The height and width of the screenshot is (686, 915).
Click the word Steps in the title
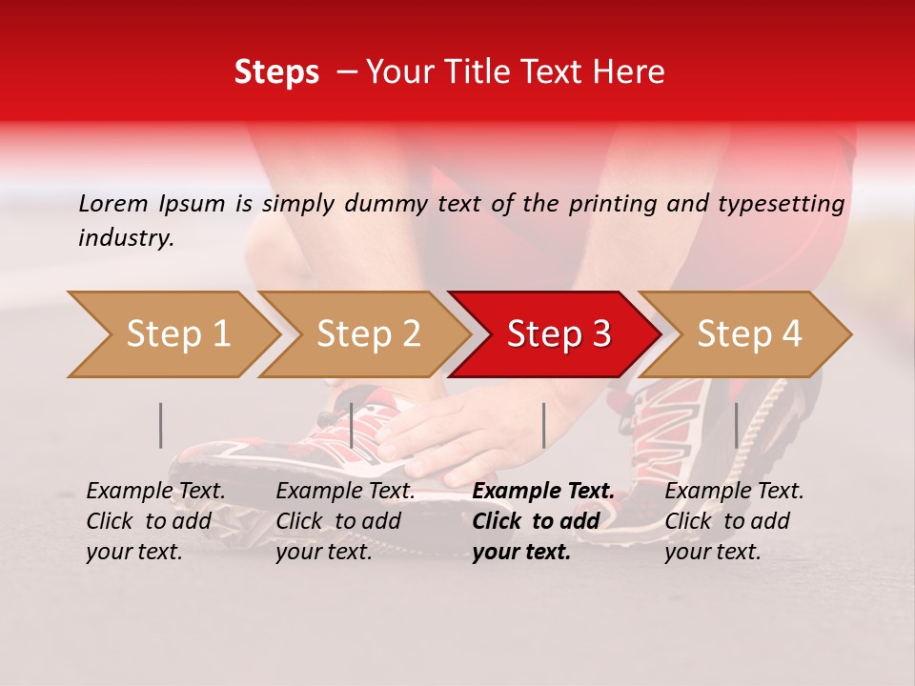point(276,72)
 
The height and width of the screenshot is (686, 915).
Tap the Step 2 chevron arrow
point(367,334)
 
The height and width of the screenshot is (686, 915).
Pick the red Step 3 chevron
point(558,334)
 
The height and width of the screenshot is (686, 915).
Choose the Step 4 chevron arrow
point(748,334)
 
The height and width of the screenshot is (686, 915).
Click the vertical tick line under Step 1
point(161,425)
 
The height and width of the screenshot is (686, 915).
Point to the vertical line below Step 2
point(352,425)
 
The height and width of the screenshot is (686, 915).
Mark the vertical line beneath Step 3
point(543,425)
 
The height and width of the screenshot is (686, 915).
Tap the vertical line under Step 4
point(736,425)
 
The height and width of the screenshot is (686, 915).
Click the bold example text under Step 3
point(542,521)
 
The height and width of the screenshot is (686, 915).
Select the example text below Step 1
point(155,521)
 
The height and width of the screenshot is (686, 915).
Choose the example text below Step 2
point(345,521)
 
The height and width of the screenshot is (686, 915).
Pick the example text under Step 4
point(734,521)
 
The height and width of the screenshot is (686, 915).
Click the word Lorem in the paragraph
point(113,204)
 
